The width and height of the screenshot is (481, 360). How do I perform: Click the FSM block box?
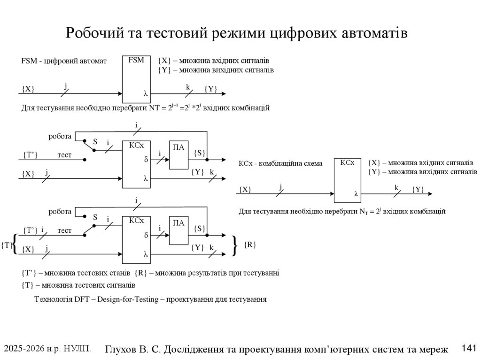[136, 79]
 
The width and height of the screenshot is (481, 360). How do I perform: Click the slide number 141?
[469, 348]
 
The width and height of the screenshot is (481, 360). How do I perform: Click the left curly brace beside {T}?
[16, 244]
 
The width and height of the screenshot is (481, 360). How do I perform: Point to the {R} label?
[250, 245]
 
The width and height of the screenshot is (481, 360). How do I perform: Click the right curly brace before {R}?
[234, 245]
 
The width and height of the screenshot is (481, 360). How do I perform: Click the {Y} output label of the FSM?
[211, 89]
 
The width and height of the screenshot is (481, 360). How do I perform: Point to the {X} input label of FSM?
[28, 89]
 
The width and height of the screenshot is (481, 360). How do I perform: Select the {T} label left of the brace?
[7, 245]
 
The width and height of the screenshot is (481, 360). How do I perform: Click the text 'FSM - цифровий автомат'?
[64, 61]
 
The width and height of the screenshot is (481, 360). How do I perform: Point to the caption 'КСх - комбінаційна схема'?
[280, 164]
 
